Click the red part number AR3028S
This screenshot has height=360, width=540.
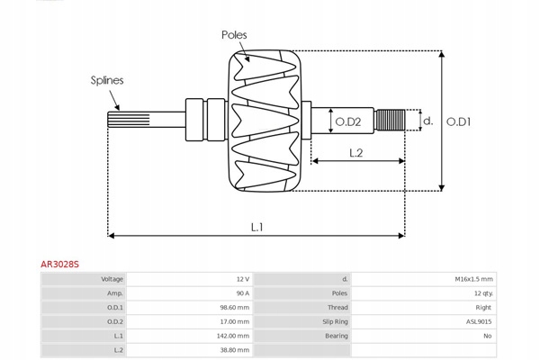point(60,265)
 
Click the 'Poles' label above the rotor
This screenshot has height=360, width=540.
point(234,34)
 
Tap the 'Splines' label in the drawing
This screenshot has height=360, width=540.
point(106,80)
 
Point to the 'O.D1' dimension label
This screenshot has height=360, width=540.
point(459,121)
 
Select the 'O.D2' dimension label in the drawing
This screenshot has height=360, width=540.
point(348,121)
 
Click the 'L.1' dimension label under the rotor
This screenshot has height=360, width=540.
point(256,227)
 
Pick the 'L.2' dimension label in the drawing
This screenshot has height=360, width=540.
point(355,153)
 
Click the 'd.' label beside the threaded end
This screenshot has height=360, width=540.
point(427,121)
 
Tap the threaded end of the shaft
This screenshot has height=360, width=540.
point(389,120)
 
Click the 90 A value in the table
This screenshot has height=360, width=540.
point(242,293)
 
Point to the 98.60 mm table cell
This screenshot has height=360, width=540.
point(236,307)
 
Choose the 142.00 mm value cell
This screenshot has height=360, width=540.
point(235,335)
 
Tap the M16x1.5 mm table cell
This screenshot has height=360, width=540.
point(474,279)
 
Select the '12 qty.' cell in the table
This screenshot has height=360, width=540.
point(481,293)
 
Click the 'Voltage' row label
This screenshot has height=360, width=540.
point(112,279)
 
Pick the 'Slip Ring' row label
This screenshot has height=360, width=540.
point(335,321)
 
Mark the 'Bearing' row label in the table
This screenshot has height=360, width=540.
point(336,335)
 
